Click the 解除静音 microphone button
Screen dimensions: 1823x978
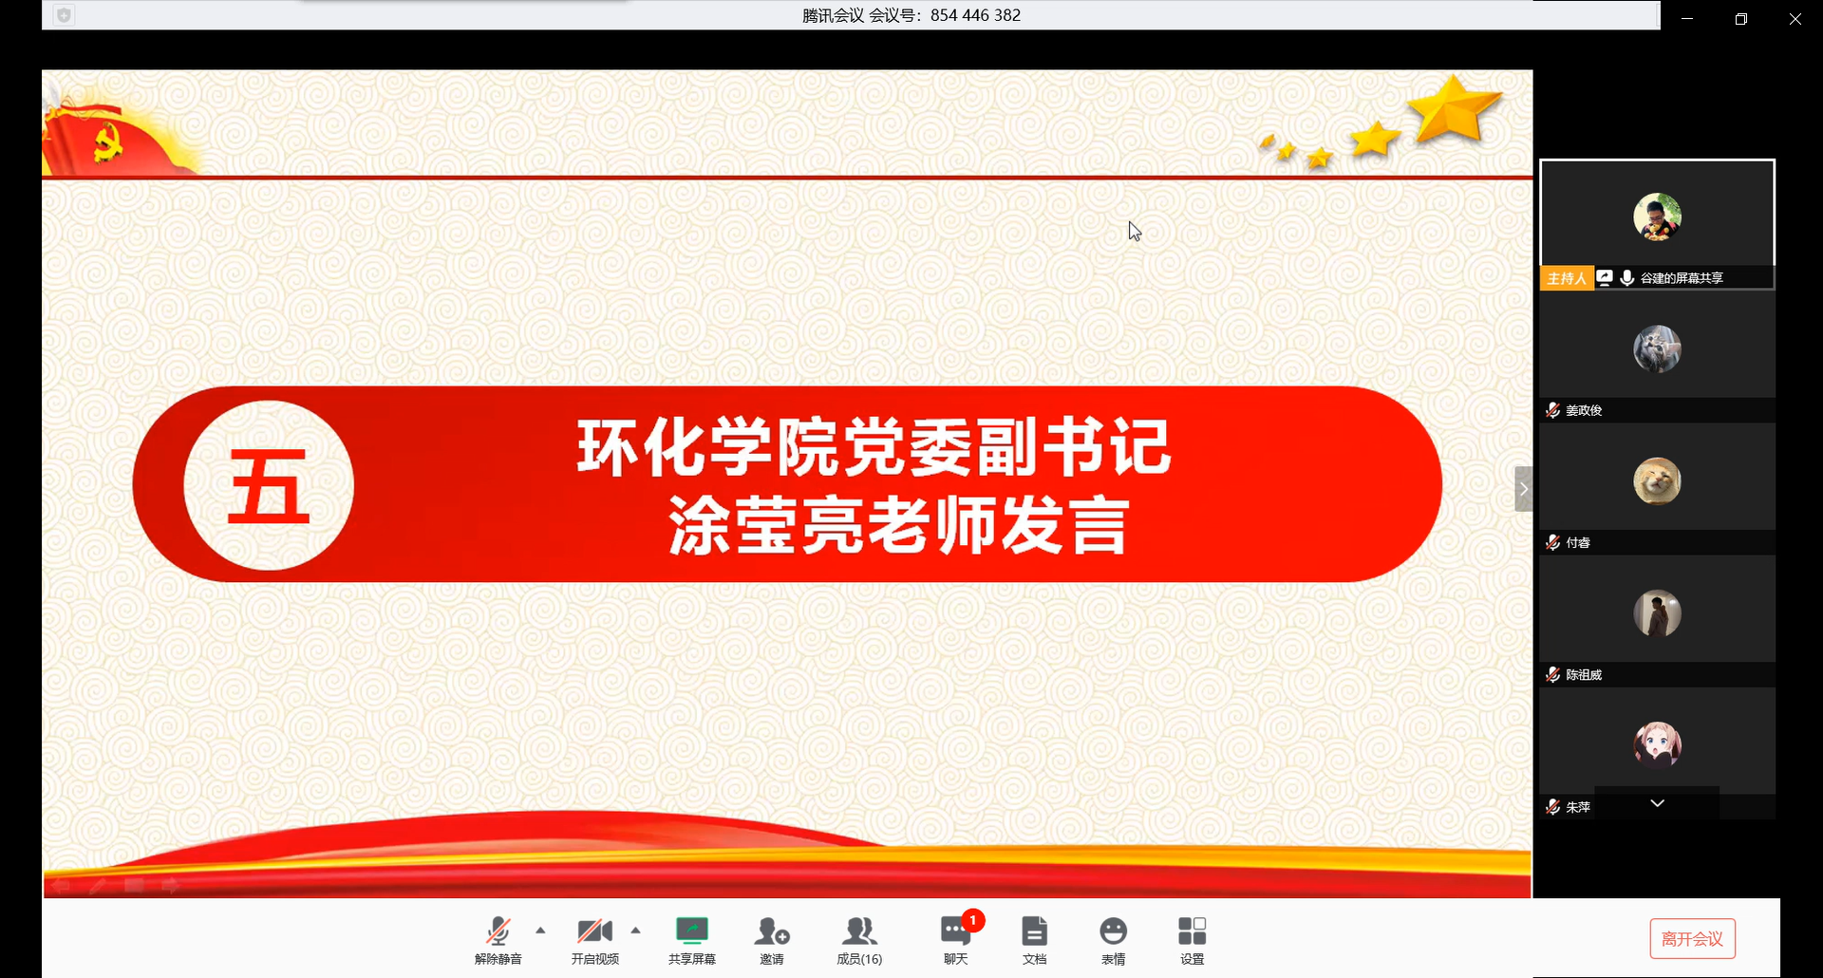[x=498, y=939]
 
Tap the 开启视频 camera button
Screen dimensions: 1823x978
[x=595, y=939]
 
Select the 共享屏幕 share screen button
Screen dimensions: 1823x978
[x=692, y=939]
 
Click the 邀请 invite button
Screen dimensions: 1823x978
[x=772, y=939]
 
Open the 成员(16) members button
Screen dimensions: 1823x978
[x=859, y=939]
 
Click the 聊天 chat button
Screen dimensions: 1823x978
[x=956, y=939]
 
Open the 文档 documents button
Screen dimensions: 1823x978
[x=1035, y=939]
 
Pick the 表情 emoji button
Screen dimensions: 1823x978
[x=1114, y=939]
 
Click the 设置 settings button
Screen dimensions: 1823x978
[x=1193, y=939]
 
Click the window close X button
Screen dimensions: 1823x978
[x=1795, y=19]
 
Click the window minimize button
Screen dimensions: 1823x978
[x=1687, y=19]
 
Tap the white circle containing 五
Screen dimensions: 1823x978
[x=269, y=485]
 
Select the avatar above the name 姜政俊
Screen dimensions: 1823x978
[x=1657, y=348]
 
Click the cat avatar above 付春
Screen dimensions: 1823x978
[x=1657, y=480]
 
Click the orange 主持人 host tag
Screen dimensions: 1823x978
[x=1567, y=278]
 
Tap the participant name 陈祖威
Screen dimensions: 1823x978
[x=1584, y=675]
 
